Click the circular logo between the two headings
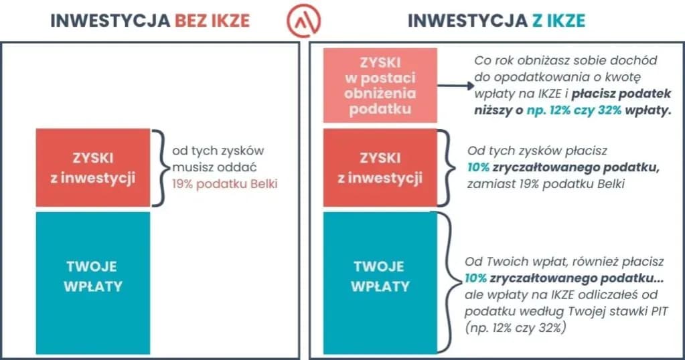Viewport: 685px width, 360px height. click(x=303, y=20)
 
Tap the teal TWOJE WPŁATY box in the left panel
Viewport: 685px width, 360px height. click(x=92, y=283)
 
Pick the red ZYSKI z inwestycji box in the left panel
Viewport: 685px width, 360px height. click(x=93, y=168)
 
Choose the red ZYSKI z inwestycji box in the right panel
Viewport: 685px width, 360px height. click(x=380, y=168)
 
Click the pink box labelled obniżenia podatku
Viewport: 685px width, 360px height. click(x=380, y=85)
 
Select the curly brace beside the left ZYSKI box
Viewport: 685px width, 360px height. click(x=159, y=167)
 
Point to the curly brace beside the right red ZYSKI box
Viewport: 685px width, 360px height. click(x=446, y=167)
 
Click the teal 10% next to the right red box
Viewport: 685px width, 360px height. click(x=478, y=167)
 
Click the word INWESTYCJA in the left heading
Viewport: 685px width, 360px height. click(x=110, y=21)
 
